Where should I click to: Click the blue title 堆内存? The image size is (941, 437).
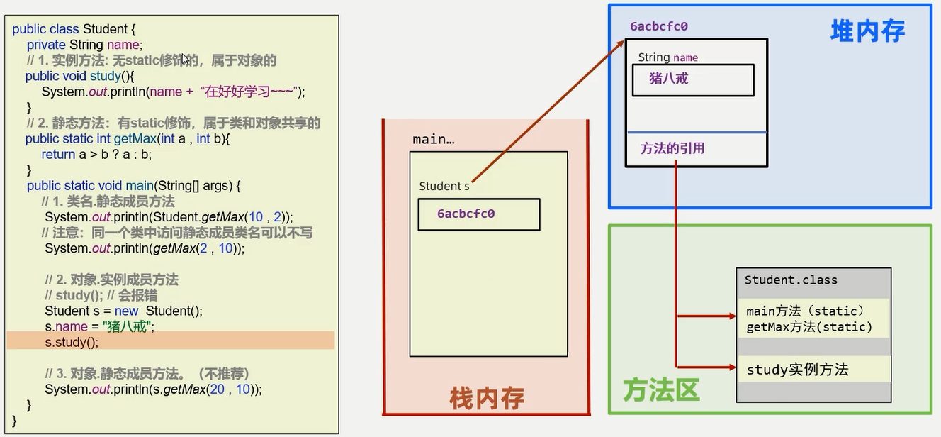(x=867, y=32)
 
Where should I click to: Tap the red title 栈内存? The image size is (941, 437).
(x=487, y=397)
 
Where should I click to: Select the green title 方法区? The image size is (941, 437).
(x=660, y=389)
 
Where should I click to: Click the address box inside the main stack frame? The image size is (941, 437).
(x=478, y=214)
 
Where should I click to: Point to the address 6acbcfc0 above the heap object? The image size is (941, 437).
(x=659, y=27)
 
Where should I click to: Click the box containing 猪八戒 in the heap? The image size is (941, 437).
(x=692, y=80)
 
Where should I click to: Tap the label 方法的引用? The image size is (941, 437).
(x=672, y=148)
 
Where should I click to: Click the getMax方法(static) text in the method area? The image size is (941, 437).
(x=809, y=327)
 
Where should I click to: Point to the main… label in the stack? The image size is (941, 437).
(x=433, y=139)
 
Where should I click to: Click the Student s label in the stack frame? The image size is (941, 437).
(x=444, y=186)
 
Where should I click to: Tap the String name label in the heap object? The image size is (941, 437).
(x=667, y=57)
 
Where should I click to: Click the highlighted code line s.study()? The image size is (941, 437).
(x=72, y=342)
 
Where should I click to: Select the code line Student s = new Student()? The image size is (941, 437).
(x=123, y=311)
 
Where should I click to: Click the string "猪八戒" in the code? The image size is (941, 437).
(x=128, y=326)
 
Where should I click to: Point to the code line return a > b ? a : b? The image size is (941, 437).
(x=96, y=154)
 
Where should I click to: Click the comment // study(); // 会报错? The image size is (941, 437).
(x=101, y=295)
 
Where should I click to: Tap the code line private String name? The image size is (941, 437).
(x=84, y=45)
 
